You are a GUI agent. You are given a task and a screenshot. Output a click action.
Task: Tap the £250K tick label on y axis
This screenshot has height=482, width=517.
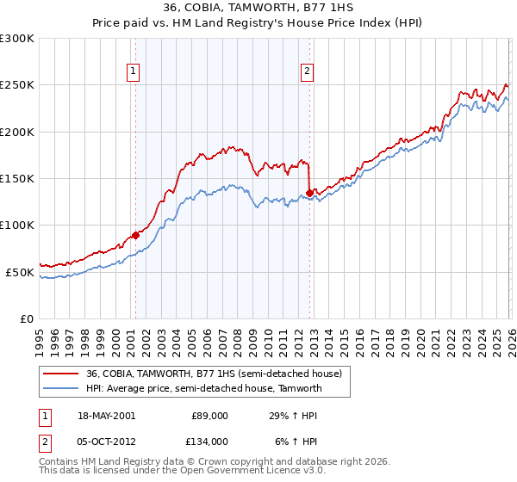tap(17, 85)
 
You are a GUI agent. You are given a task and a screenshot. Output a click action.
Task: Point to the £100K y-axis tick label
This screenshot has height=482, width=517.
tap(17, 226)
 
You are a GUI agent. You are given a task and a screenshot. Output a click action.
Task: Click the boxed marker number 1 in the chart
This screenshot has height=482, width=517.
tap(134, 71)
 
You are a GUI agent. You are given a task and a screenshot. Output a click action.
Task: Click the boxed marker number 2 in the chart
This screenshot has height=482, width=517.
tap(308, 71)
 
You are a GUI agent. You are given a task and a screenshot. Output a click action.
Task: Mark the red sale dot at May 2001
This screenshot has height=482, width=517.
tap(135, 235)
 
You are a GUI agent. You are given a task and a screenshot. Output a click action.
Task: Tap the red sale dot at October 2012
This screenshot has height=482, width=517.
tap(308, 193)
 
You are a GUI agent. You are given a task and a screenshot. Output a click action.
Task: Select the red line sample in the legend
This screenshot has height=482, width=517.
tap(60, 374)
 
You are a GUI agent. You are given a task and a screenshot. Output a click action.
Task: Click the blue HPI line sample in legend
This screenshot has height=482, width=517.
tap(60, 389)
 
